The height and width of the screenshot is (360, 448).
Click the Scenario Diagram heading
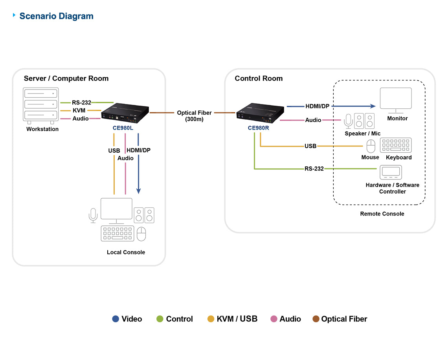(56, 16)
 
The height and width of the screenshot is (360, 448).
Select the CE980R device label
(258, 128)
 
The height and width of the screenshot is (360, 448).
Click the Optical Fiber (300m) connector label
(194, 115)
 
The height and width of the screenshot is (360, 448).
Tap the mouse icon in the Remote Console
(371, 146)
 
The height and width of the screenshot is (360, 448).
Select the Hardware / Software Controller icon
(391, 172)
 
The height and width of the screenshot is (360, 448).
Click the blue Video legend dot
(116, 319)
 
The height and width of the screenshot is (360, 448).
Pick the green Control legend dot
(160, 319)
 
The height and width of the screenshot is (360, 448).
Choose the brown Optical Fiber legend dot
(316, 319)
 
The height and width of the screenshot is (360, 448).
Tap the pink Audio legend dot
(274, 319)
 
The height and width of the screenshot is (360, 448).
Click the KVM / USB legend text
(237, 319)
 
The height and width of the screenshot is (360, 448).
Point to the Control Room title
(259, 78)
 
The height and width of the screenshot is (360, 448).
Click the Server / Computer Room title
(66, 78)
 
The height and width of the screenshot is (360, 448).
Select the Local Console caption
(126, 252)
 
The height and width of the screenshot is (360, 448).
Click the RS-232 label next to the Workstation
(81, 102)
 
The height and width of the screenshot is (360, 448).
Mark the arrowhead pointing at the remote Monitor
(373, 106)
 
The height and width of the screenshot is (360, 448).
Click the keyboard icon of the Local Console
(118, 233)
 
